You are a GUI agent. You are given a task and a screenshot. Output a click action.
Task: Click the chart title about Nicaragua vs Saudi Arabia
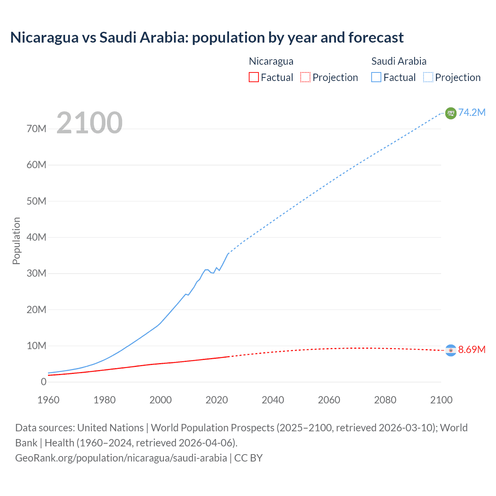(x=207, y=38)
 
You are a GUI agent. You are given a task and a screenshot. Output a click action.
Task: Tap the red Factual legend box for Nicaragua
(x=253, y=77)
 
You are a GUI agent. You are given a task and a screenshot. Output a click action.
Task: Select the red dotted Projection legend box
(x=305, y=77)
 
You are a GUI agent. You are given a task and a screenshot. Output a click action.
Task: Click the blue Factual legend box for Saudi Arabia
(x=376, y=77)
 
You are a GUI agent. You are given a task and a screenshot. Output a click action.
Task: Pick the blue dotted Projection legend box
(x=428, y=77)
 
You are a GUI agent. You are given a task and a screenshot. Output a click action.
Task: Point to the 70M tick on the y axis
(x=36, y=129)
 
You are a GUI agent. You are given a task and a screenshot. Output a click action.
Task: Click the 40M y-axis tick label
(x=36, y=237)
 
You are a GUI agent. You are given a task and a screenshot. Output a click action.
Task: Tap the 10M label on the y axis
(x=36, y=346)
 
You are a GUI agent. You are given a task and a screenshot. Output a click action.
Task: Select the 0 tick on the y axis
(x=43, y=382)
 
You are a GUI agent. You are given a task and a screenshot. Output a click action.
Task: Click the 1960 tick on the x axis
(x=48, y=400)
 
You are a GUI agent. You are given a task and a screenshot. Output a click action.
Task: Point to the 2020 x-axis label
(x=217, y=400)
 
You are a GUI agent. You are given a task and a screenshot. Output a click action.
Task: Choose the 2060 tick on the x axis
(x=329, y=400)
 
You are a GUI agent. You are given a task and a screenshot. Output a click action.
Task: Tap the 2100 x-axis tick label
(x=441, y=400)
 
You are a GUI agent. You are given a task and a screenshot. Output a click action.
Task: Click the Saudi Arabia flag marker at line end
(x=451, y=113)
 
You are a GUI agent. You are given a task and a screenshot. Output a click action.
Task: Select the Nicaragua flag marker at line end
(x=451, y=350)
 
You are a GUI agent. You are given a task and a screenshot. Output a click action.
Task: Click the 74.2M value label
(x=472, y=112)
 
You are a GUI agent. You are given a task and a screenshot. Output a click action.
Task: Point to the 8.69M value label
(x=472, y=350)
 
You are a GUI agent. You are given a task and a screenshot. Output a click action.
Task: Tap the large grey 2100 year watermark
(x=90, y=123)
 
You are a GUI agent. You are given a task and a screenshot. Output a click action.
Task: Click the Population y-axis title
(x=16, y=241)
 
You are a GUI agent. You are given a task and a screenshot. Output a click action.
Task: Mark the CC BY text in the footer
(x=248, y=458)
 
